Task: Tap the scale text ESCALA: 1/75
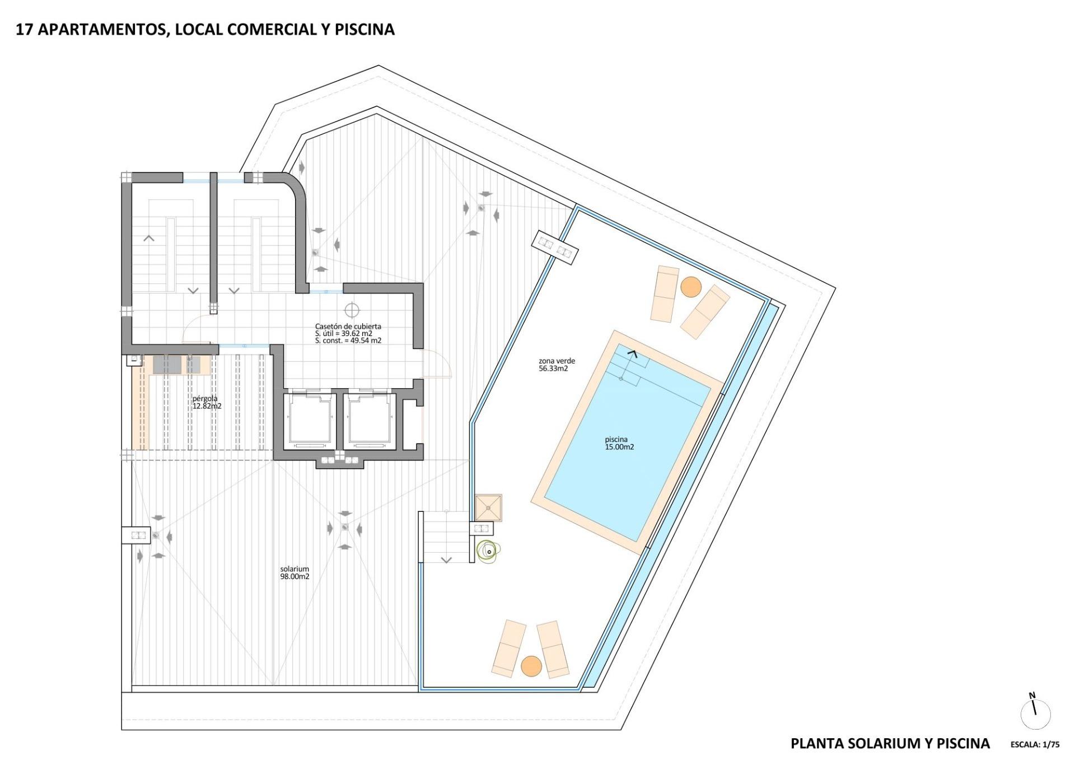click(1035, 745)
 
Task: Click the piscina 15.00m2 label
click(619, 443)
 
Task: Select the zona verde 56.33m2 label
click(557, 365)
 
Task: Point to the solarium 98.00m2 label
click(295, 572)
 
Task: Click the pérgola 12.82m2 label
click(207, 402)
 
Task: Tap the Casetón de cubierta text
click(348, 326)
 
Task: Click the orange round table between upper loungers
click(691, 287)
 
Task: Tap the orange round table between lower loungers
click(531, 666)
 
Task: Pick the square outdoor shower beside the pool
click(488, 507)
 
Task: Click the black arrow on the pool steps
click(633, 353)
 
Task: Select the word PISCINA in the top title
click(364, 30)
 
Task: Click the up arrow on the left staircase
click(149, 238)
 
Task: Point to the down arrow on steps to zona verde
click(446, 559)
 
